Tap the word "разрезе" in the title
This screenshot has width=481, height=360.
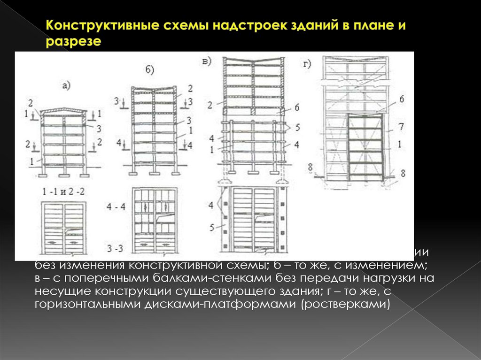point(74,41)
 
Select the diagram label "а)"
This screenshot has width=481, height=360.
point(66,85)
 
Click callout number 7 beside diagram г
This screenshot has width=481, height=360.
point(400,127)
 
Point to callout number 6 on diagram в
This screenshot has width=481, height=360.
point(297,107)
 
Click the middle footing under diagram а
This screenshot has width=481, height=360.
point(64,174)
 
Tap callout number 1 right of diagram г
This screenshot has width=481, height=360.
point(399,145)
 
